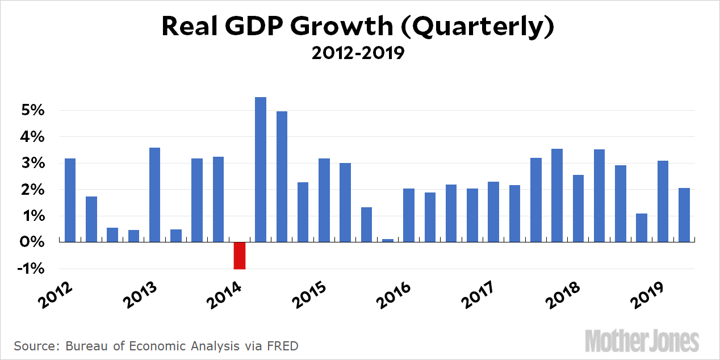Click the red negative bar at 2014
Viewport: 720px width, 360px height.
[x=240, y=256]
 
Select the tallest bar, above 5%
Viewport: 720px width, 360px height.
[x=261, y=169]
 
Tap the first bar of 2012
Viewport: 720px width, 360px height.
[x=70, y=200]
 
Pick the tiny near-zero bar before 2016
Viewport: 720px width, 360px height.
[x=388, y=240]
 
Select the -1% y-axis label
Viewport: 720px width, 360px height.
[x=32, y=269]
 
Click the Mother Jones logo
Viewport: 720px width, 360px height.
[x=642, y=341]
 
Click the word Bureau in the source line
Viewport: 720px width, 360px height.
[x=84, y=346]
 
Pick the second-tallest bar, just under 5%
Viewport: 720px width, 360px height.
[x=282, y=177]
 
